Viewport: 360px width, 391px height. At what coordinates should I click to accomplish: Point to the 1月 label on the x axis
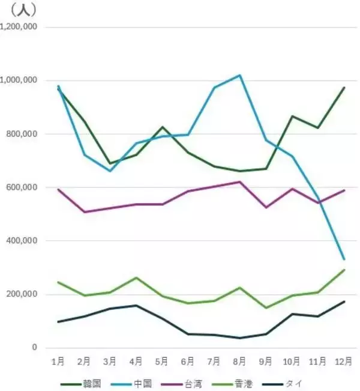point(59,362)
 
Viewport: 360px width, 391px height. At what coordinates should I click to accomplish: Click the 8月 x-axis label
point(239,362)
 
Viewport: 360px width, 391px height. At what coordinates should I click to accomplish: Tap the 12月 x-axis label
point(344,362)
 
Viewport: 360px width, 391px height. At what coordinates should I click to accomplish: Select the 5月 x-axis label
point(162,362)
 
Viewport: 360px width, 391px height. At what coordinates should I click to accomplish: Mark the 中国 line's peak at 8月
point(240,75)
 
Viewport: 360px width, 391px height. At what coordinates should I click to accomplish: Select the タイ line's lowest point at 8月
point(240,338)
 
